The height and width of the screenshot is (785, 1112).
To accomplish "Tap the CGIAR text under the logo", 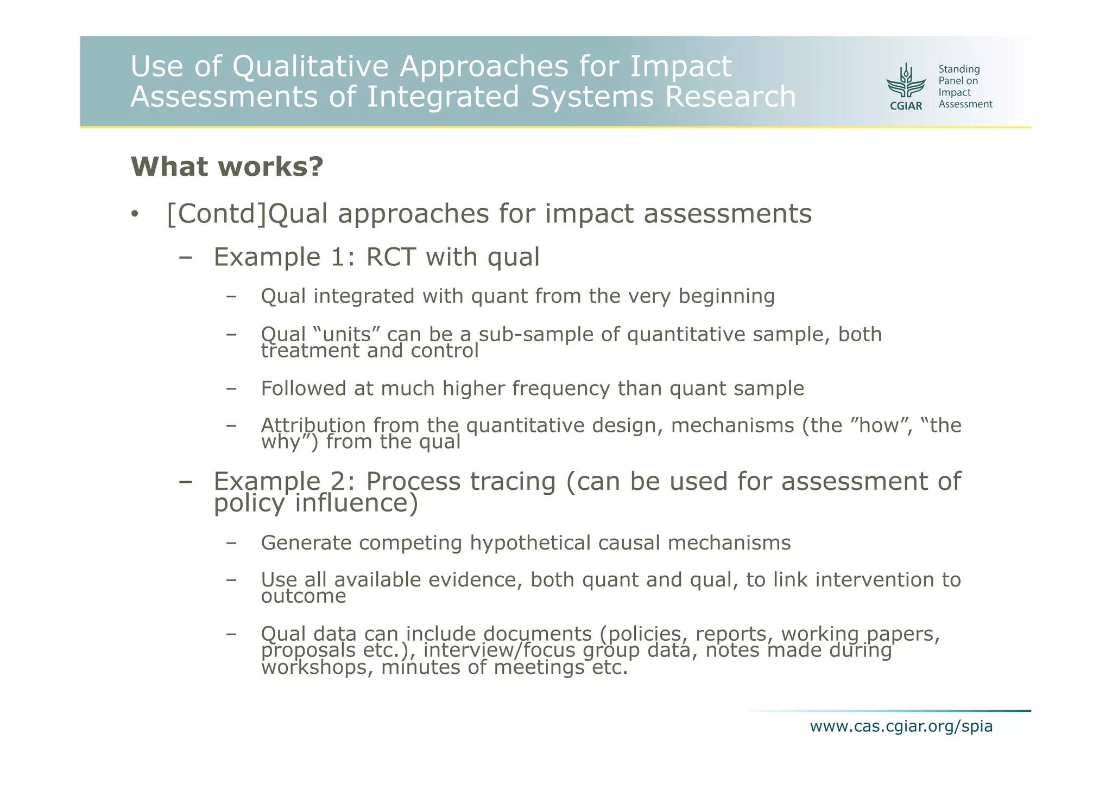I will pos(906,106).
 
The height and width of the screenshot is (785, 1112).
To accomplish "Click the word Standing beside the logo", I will pos(959,69).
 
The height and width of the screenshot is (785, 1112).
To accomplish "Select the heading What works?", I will pos(227,167).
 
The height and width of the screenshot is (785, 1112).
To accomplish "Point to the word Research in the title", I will pos(730,97).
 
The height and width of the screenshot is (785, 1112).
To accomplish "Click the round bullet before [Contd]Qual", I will pos(135,215).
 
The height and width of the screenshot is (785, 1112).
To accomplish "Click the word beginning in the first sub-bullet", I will pos(726,297).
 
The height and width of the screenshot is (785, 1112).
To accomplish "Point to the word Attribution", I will pos(313,425).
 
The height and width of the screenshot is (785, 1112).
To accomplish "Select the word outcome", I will pos(304,597).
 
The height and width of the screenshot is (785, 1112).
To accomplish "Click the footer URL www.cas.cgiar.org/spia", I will pos(901,726).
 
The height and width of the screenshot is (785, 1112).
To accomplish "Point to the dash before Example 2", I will pos(186,482).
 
